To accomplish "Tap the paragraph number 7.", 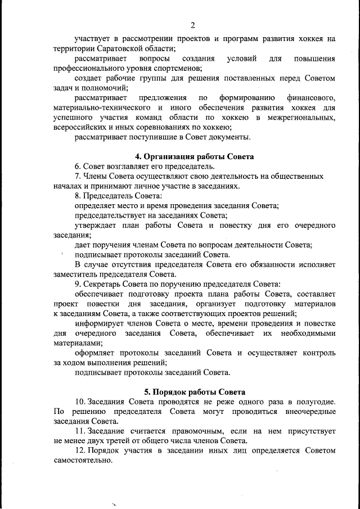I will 78,176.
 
